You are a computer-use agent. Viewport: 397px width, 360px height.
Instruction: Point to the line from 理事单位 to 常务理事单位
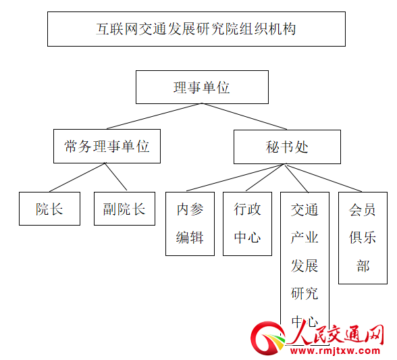point(155,116)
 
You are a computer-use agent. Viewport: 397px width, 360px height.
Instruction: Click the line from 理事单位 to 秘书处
point(244,116)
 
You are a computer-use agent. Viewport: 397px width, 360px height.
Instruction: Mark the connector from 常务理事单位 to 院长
point(77,178)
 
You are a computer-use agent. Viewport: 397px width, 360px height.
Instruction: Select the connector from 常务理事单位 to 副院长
point(115,176)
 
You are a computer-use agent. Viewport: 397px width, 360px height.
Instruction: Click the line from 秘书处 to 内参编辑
point(235,178)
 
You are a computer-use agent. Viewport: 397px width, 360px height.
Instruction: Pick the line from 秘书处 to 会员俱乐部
point(323,178)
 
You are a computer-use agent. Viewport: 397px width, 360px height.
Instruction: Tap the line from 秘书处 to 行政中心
point(265,178)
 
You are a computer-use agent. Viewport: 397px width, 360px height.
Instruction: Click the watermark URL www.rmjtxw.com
point(335,351)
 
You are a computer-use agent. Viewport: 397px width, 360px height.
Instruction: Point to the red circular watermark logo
point(268,338)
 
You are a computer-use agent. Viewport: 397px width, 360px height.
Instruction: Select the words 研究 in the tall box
point(305,294)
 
